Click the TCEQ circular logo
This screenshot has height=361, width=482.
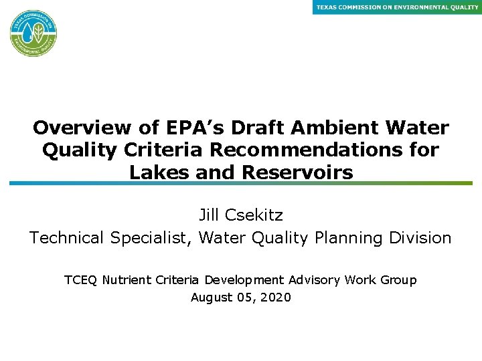(x=33, y=33)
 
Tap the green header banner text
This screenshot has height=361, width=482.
(x=397, y=7)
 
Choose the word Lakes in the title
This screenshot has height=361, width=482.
(x=155, y=172)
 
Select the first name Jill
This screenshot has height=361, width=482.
(x=211, y=215)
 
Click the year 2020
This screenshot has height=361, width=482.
(x=276, y=297)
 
